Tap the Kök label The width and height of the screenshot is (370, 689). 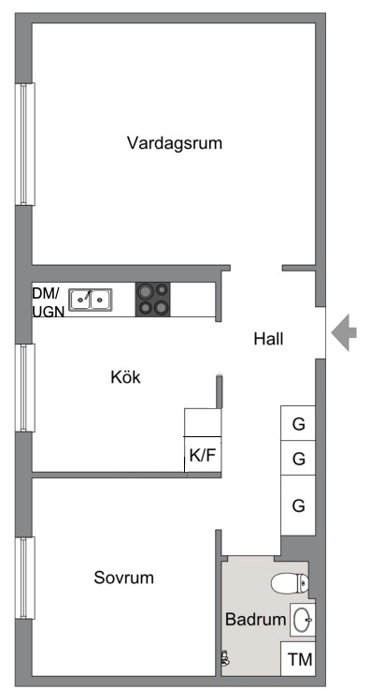tap(125, 377)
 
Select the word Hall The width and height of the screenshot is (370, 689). tap(268, 339)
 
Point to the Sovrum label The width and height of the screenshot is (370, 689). tap(123, 577)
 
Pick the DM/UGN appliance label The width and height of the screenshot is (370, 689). tap(49, 301)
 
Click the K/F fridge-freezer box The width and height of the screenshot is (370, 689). tap(203, 458)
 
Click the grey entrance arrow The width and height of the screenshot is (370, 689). tap(343, 332)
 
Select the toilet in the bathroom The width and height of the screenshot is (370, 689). tap(290, 584)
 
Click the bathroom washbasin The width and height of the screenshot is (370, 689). tap(302, 619)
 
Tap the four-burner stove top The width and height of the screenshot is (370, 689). tap(154, 299)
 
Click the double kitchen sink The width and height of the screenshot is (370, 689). tap(90, 300)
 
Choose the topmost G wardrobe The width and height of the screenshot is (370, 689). tap(299, 424)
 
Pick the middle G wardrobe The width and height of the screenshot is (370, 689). tap(299, 459)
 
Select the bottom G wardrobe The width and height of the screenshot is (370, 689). tap(299, 506)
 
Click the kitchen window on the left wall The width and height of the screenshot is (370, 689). tap(25, 387)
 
